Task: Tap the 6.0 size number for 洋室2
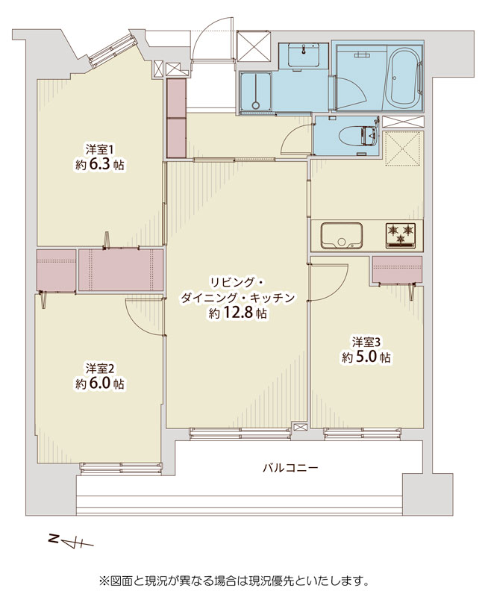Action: click(101, 384)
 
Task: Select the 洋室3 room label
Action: click(366, 342)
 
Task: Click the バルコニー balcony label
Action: click(290, 467)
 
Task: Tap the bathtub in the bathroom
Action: click(404, 78)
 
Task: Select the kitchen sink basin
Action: click(341, 235)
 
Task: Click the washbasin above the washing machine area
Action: click(304, 54)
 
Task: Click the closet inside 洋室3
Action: click(398, 269)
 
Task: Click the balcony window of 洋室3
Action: click(363, 434)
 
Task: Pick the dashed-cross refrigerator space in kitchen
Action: click(403, 149)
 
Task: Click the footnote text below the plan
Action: click(234, 581)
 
